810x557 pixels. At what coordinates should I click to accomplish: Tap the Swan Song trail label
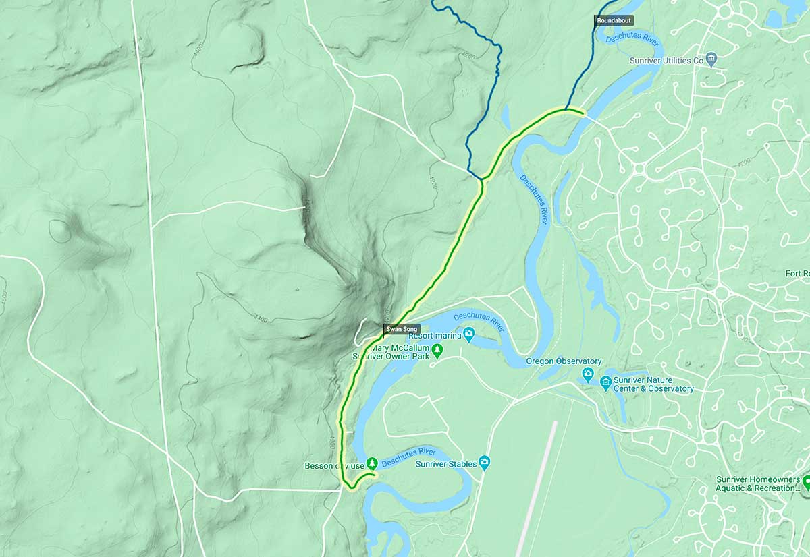[x=402, y=330]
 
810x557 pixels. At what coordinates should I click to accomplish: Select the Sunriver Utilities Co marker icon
[x=712, y=60]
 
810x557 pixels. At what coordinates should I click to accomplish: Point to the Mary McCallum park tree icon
[x=437, y=349]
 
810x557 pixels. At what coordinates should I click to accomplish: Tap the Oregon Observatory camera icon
[x=588, y=373]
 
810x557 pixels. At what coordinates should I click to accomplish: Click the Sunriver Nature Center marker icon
[x=605, y=383]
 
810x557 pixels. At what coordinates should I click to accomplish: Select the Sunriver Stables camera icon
[x=483, y=463]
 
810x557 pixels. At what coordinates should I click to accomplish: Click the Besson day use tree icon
[x=371, y=464]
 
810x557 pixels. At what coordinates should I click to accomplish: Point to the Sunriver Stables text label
[x=446, y=463]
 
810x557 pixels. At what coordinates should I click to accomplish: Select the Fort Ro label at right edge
[x=797, y=273]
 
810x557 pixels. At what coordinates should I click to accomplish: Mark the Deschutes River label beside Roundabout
[x=632, y=39]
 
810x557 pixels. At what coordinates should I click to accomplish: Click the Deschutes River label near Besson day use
[x=408, y=457]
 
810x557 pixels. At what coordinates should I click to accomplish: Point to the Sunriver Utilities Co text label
[x=666, y=61]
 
